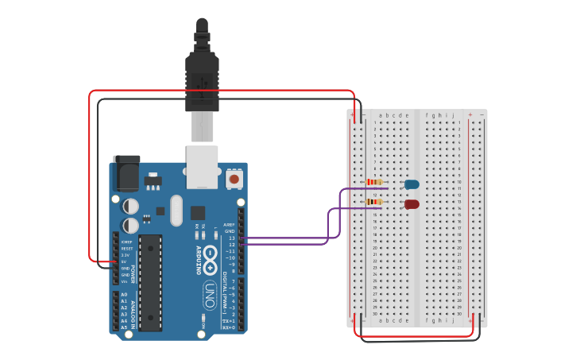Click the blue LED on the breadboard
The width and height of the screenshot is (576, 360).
[x=412, y=184]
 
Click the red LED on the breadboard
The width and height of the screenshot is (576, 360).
[x=412, y=204]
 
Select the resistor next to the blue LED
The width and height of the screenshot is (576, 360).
[x=373, y=182]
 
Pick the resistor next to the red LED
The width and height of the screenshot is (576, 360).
[x=373, y=202]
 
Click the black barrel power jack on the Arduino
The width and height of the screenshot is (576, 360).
[x=126, y=173]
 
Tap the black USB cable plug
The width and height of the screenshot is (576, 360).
[x=202, y=79]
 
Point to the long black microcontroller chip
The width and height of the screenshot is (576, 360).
[x=150, y=282]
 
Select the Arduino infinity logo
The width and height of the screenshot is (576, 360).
[x=210, y=256]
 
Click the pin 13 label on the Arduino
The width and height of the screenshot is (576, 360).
[x=231, y=238]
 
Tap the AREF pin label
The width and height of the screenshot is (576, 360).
[x=230, y=225]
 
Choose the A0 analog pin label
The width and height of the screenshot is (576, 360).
[x=124, y=294]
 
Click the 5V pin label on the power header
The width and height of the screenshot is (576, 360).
[x=126, y=261]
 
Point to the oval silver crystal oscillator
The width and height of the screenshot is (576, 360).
[x=176, y=211]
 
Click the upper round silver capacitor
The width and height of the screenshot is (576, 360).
[x=131, y=206]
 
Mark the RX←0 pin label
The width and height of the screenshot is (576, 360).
[x=228, y=327]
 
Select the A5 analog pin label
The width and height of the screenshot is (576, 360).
[x=124, y=327]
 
